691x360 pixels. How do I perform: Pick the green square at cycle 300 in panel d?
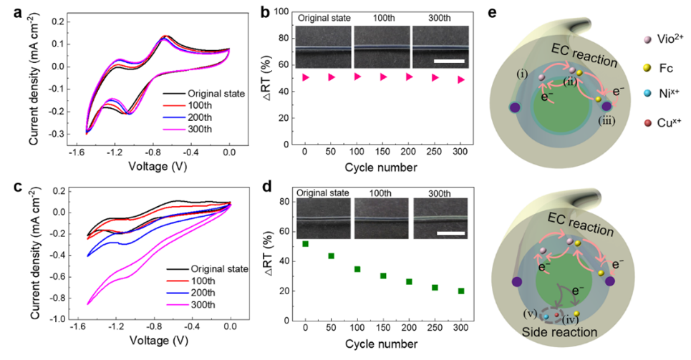pyautogui.click(x=460, y=291)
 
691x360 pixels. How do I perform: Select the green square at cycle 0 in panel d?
pyautogui.click(x=305, y=244)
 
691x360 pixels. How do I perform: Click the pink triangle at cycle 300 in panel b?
pyautogui.click(x=460, y=79)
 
